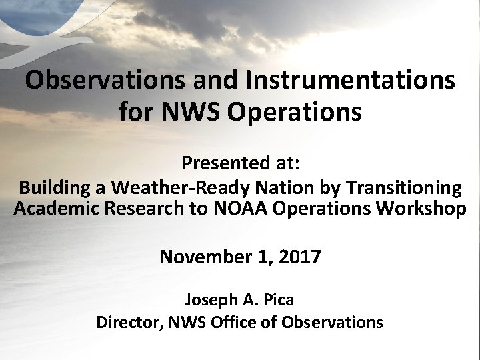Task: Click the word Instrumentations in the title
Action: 353,81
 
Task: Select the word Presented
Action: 221,163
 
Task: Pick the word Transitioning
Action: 399,188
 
